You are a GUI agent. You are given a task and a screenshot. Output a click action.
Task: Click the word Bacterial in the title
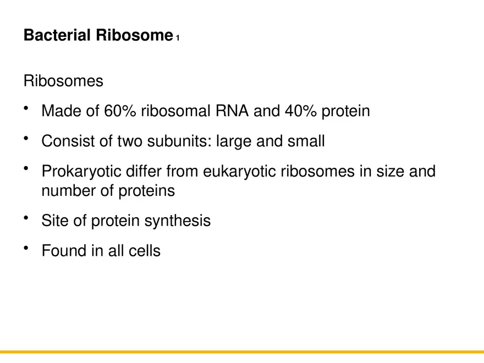(57, 36)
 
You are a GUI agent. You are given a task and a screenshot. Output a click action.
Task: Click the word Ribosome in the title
(134, 36)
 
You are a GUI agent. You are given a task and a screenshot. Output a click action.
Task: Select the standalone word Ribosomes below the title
(63, 81)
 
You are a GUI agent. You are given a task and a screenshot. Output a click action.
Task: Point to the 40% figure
(301, 111)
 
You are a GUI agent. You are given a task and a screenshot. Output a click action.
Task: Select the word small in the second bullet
(306, 141)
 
